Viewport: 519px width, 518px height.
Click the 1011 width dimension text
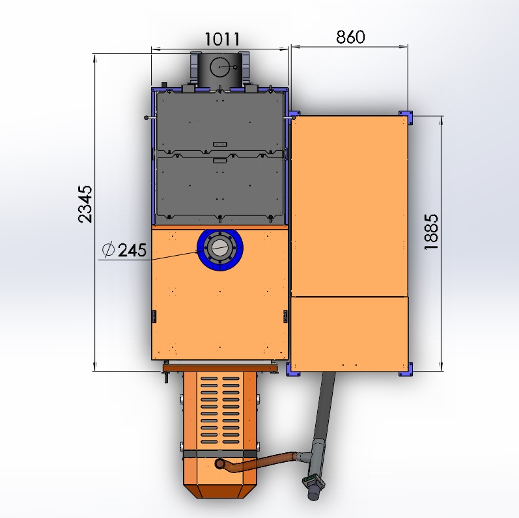(222, 39)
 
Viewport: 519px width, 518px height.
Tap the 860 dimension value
(350, 37)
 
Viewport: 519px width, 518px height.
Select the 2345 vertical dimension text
(85, 204)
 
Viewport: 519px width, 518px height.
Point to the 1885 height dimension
(431, 232)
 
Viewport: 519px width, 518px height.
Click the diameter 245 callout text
(124, 250)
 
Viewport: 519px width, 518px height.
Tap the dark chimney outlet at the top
(220, 70)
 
